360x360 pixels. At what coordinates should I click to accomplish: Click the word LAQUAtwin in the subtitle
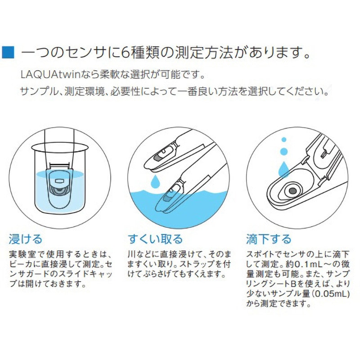[x=44, y=73]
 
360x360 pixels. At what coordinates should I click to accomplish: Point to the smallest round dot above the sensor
[x=283, y=140]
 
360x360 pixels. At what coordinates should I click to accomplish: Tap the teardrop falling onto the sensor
[x=283, y=169]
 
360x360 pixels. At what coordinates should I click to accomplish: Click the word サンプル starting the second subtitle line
[x=33, y=91]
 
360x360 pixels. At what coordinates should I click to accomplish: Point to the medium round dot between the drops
[x=283, y=152]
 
